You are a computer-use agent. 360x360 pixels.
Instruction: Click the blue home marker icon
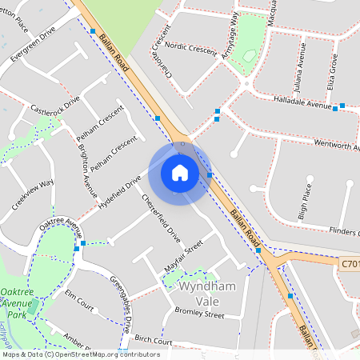(x=180, y=172)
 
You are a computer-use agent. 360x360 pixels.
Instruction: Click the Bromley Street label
(x=201, y=314)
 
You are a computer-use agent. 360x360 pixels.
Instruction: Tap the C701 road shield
(x=350, y=262)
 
